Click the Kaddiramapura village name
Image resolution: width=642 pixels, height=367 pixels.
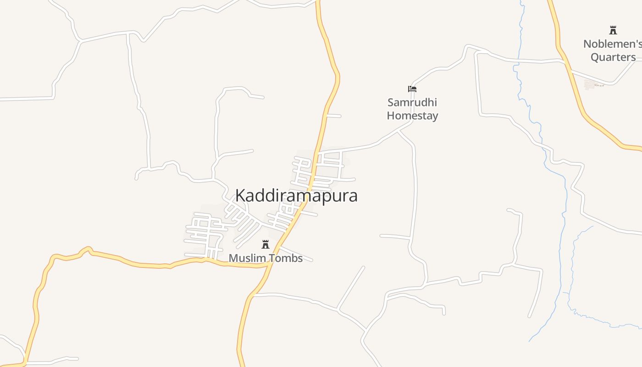pos(296,196)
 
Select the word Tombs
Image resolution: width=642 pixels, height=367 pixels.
pos(285,258)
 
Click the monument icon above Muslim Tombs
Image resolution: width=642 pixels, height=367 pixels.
pos(266,245)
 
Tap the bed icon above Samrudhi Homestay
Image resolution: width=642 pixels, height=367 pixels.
pos(412,89)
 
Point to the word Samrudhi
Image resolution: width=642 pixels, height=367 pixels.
pos(412,102)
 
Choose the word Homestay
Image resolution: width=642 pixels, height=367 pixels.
pos(412,115)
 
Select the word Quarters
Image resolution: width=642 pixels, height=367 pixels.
pos(613,57)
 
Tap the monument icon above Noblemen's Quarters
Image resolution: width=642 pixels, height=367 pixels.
pos(613,31)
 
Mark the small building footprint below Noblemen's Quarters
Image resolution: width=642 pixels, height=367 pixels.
pos(590,84)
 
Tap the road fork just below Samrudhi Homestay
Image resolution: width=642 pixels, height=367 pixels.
pos(398,131)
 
